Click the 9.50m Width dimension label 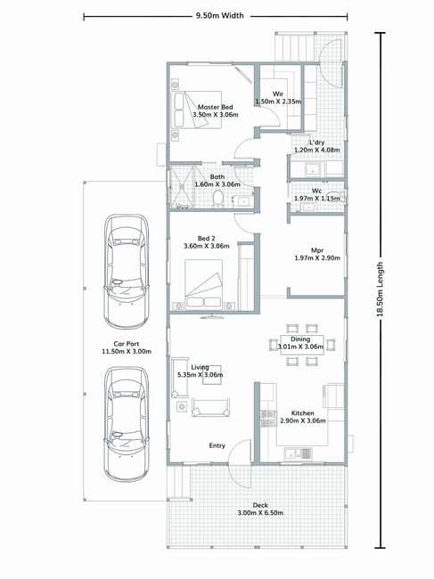click(220, 16)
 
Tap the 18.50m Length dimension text click(380, 289)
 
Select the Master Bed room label click(216, 107)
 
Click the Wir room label click(278, 94)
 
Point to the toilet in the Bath click(218, 198)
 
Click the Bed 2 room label click(206, 239)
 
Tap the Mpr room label click(317, 250)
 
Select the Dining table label click(300, 339)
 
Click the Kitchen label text click(302, 413)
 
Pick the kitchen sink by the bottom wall click(298, 453)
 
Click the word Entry click(217, 445)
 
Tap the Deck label click(260, 505)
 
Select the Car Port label click(127, 344)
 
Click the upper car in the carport click(127, 272)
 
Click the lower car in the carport click(127, 424)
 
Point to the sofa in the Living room click(210, 407)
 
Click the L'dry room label click(317, 143)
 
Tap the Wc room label click(316, 191)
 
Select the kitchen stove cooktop click(268, 419)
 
